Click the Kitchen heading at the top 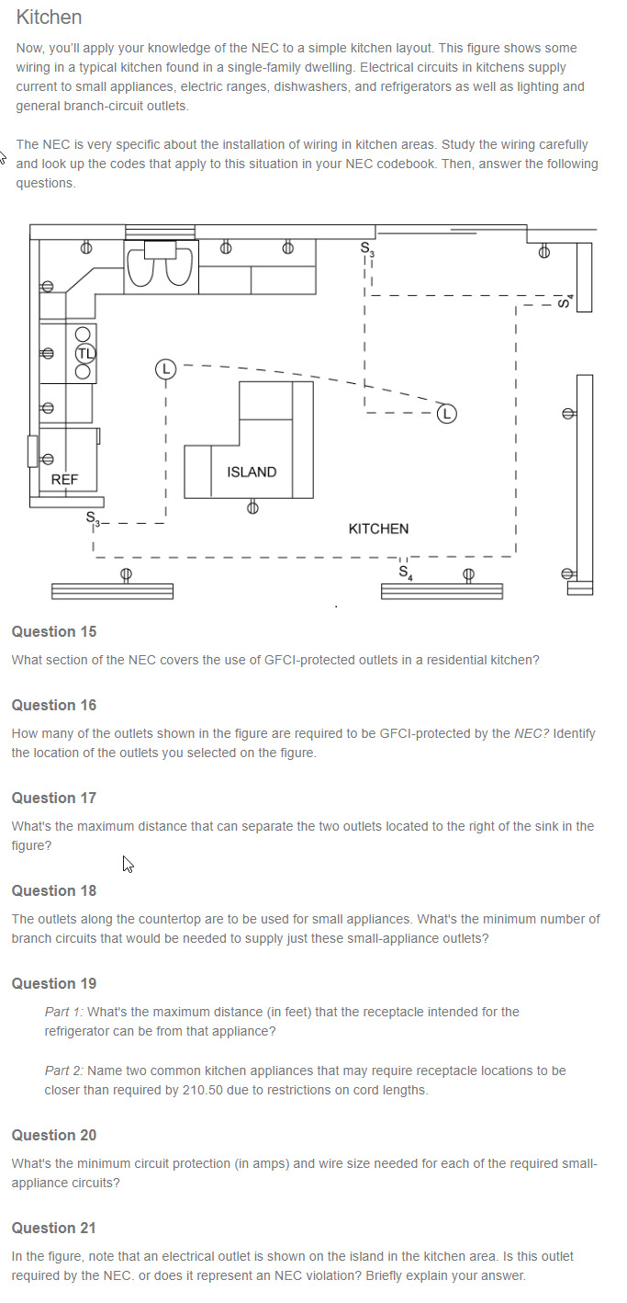[49, 17]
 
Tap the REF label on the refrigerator [64, 480]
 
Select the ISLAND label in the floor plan [251, 471]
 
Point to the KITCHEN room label [378, 528]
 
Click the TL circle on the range [86, 352]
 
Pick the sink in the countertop [161, 266]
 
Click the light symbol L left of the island [164, 368]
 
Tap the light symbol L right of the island [446, 413]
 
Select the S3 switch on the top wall [367, 247]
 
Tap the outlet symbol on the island [252, 506]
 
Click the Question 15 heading [53, 631]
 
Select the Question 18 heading [53, 890]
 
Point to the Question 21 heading [53, 1228]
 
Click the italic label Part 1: [63, 1012]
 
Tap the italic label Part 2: [63, 1071]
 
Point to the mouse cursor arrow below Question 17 [128, 863]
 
